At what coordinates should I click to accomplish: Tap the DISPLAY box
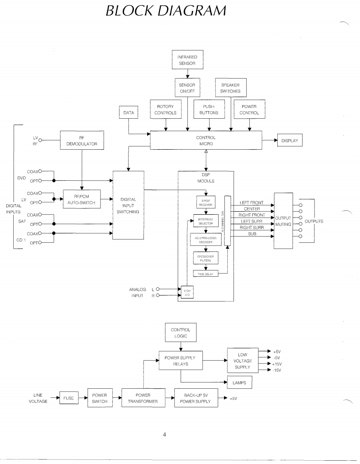[290, 140]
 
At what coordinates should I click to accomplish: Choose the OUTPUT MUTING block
[284, 221]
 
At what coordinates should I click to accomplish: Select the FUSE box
[69, 399]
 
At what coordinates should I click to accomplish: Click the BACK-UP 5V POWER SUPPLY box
[195, 398]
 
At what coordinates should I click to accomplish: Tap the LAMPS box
[239, 383]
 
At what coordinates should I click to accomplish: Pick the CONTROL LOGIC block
[181, 333]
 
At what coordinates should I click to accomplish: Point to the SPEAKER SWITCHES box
[231, 88]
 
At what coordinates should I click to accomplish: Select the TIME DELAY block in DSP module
[205, 273]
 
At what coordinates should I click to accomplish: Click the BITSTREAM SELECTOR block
[205, 222]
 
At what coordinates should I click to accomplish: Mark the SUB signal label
[252, 234]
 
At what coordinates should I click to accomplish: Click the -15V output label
[277, 370]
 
